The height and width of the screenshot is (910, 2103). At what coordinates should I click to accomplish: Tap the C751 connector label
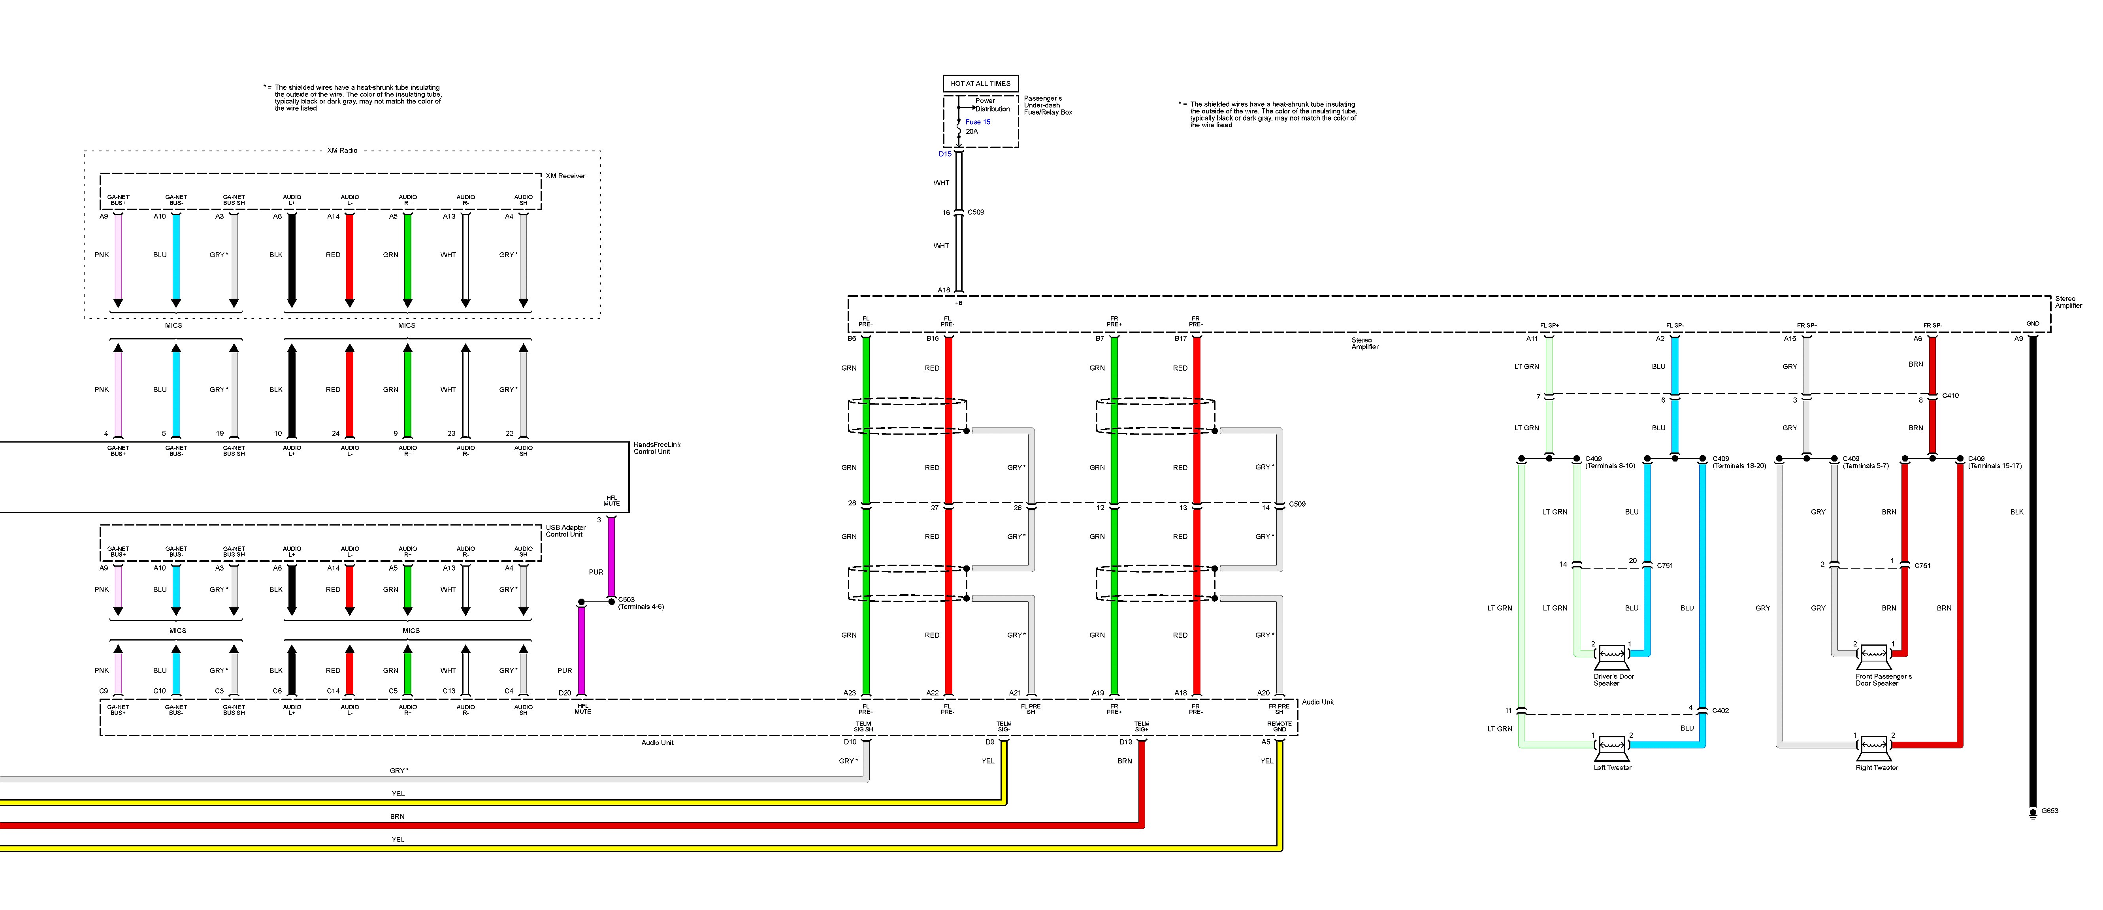click(x=1665, y=565)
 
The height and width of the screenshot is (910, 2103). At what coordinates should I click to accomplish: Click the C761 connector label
click(x=1922, y=565)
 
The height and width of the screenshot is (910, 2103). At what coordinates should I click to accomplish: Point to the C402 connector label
click(x=1720, y=711)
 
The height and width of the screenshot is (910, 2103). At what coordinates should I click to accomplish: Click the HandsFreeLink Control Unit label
click(x=656, y=448)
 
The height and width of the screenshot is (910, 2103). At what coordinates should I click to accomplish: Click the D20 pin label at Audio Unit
click(x=564, y=693)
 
